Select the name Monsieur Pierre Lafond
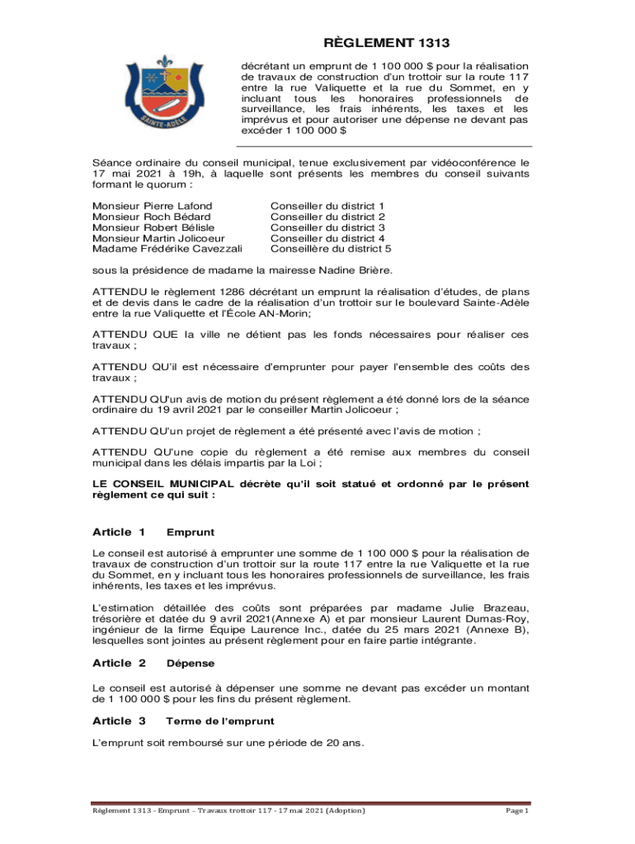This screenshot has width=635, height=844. coord(152,205)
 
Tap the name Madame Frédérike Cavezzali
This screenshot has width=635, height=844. coord(167,248)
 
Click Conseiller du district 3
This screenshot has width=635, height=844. coord(327,227)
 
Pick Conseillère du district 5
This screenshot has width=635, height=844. coord(331,248)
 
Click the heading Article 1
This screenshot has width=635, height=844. coord(119,532)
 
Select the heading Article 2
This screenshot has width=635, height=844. coord(119,663)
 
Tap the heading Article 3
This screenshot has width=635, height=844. coord(119,720)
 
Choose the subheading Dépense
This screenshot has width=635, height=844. coord(190,663)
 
